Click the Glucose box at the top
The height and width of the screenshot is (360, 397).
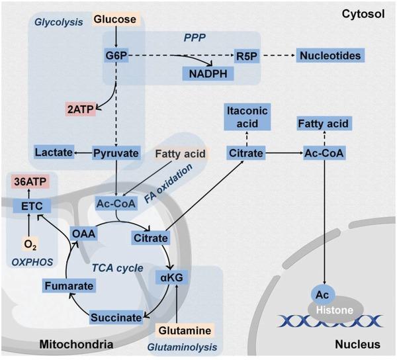coord(116,21)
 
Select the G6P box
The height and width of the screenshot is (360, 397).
coord(116,56)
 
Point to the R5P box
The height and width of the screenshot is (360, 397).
coord(248,56)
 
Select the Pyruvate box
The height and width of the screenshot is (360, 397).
coord(116,154)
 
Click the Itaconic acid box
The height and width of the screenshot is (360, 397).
coord(246,117)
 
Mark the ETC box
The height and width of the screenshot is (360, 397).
coord(26,206)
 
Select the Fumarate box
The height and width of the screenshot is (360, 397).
coord(66,286)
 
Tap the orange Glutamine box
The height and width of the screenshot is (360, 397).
coord(185,329)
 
